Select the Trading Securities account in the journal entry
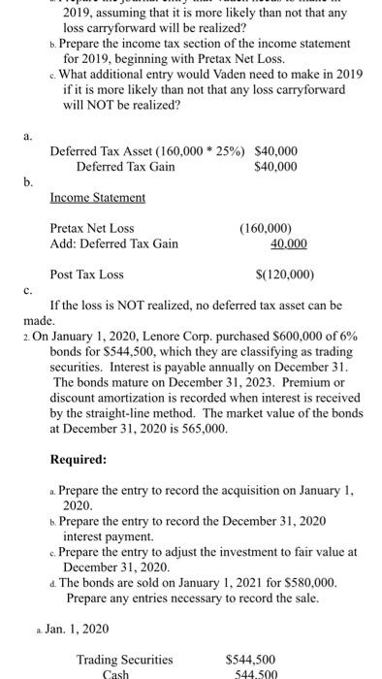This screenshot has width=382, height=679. [x=124, y=660]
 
